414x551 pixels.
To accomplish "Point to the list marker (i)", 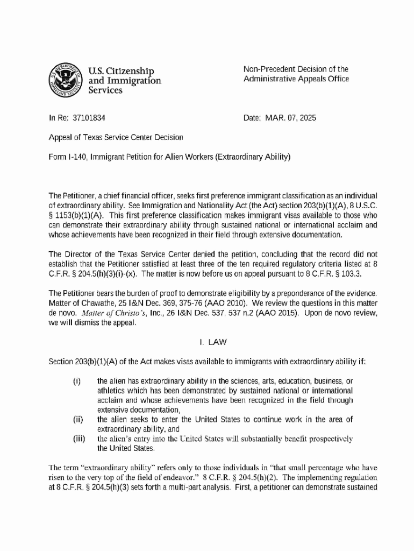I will click(x=77, y=381).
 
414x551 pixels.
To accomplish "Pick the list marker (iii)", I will click(x=79, y=439).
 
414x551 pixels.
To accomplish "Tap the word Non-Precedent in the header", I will click(x=268, y=69).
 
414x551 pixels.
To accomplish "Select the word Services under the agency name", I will click(x=105, y=90).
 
